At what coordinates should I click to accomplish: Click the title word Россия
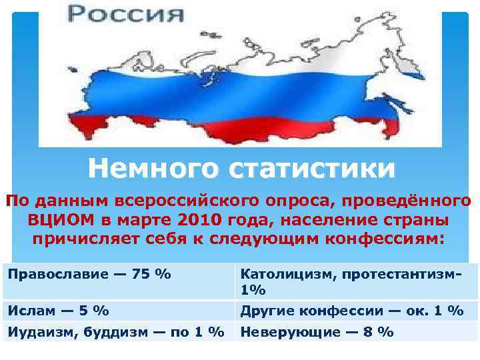126,13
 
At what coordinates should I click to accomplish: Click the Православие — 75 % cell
90,273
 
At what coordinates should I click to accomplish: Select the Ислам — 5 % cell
59,310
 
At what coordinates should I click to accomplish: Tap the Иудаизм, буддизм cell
116,331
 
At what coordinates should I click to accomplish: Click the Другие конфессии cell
351,310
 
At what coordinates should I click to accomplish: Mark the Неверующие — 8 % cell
317,331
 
